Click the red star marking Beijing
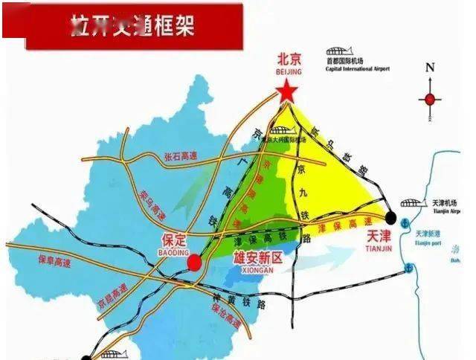(x=287, y=93)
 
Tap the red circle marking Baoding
(x=194, y=262)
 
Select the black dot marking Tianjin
(x=390, y=217)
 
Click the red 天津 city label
(x=379, y=235)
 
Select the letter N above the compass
(x=430, y=67)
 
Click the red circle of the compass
(x=430, y=99)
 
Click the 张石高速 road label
(x=183, y=158)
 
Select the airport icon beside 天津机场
(x=411, y=202)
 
